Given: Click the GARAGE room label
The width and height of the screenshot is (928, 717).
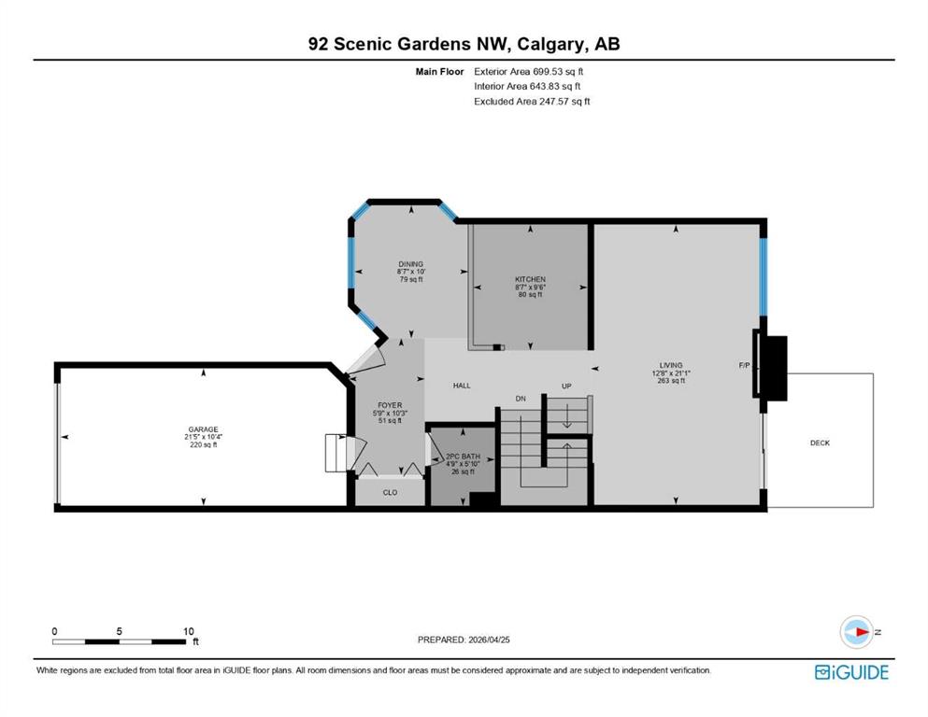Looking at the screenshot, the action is click(203, 429).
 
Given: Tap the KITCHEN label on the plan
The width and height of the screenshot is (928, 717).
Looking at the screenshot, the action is click(530, 279).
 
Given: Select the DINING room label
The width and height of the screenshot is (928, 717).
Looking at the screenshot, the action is click(411, 264).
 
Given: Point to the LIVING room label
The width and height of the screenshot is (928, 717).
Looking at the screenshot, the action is click(671, 365).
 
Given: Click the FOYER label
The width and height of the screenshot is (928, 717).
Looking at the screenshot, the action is click(390, 405).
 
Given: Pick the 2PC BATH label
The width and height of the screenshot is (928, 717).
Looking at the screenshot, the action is click(463, 457).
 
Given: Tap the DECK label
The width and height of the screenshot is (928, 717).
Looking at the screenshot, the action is click(820, 443).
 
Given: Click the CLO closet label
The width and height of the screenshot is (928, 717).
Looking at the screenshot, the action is click(390, 492).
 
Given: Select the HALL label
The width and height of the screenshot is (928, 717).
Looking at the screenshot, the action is click(462, 386).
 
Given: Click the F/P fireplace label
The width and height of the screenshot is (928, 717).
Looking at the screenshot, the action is click(745, 365).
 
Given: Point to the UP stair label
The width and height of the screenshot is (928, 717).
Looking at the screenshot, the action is click(566, 386).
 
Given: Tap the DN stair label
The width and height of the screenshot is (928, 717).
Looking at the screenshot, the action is click(521, 399).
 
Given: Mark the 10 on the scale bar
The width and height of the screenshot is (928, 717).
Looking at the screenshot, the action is click(188, 631).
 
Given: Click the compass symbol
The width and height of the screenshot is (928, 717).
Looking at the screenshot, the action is click(857, 632).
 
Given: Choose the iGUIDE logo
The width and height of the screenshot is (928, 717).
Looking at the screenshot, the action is click(851, 672).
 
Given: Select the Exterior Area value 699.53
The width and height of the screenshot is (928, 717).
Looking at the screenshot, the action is click(547, 72).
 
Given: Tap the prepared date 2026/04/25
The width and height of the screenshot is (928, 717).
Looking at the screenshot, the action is click(489, 640).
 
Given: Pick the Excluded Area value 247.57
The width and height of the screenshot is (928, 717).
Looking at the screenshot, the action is click(553, 101).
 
